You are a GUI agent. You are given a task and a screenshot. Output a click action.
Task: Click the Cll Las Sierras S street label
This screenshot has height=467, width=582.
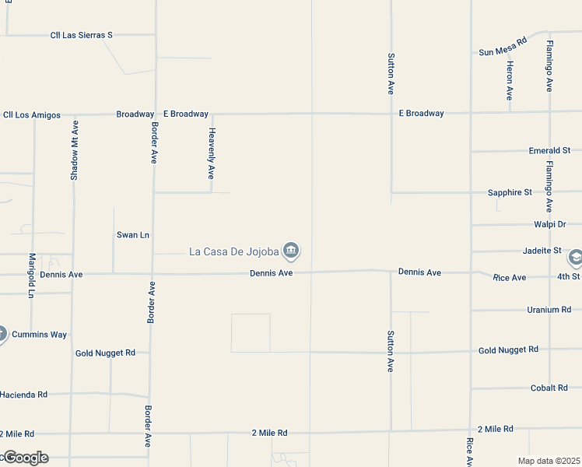[x=81, y=35]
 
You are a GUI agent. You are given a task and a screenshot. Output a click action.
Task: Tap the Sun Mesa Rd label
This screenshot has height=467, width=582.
[x=503, y=52]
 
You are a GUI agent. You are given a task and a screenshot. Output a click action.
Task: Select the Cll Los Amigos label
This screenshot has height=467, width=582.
[x=31, y=114]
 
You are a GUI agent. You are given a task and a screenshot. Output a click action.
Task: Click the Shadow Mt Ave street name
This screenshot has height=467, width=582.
[x=75, y=150]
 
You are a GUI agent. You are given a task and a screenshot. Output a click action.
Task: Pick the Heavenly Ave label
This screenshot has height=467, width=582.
[x=212, y=154]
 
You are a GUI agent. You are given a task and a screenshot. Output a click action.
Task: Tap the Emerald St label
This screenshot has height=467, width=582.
[x=549, y=149]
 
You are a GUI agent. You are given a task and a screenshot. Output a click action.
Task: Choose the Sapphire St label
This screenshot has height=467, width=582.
[x=510, y=191]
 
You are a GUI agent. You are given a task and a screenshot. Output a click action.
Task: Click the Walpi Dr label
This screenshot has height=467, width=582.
[x=549, y=224]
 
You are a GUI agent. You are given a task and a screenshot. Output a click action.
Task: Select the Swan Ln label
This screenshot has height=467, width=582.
[x=132, y=234]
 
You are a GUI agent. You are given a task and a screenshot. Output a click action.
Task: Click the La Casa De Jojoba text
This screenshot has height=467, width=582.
[x=234, y=251]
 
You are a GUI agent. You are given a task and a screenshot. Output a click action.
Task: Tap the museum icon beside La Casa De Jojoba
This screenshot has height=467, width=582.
[x=291, y=250]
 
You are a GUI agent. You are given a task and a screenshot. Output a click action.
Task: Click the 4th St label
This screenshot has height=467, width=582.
[x=568, y=276]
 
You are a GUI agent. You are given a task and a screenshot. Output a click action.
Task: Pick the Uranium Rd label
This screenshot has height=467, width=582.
[x=549, y=309]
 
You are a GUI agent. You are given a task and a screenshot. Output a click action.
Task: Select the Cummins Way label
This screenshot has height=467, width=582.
[x=39, y=335]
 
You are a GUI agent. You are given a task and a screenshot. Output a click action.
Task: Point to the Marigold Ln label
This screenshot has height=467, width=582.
[x=32, y=276]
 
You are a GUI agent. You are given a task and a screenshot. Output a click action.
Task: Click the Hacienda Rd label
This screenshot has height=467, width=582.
[x=24, y=395]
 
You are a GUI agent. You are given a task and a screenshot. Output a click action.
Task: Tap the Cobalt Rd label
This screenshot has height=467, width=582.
[x=549, y=388]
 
